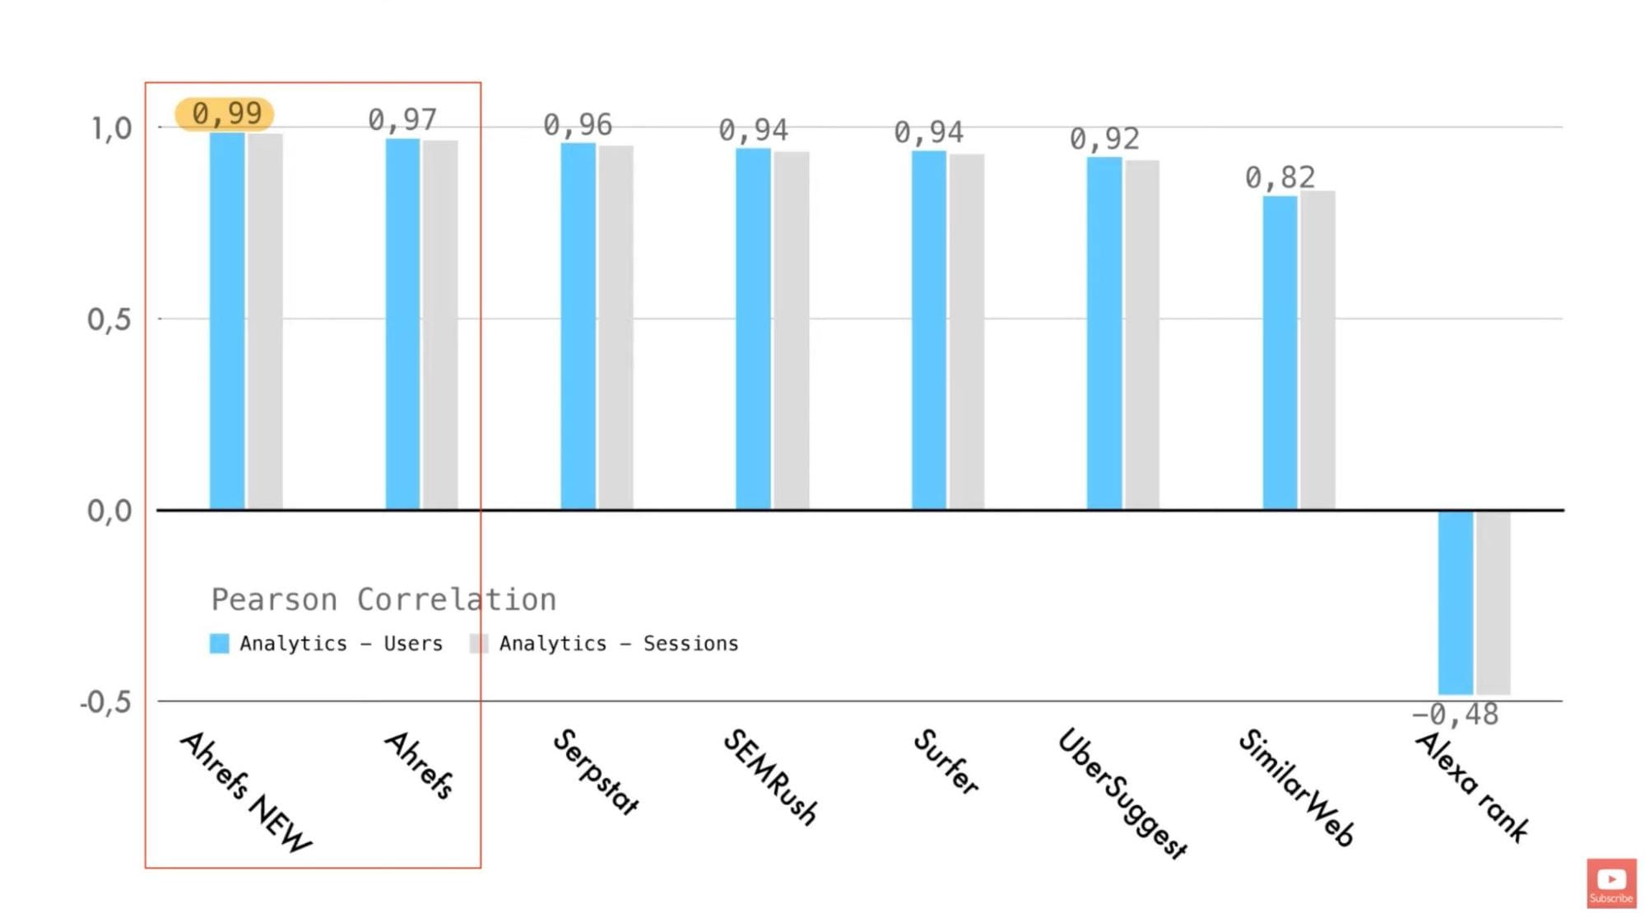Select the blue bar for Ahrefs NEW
pos(227,321)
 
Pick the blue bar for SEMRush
pos(753,329)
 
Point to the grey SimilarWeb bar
pos(1317,350)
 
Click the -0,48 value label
pos(1456,715)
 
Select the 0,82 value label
pos(1280,177)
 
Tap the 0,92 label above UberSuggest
pos(1104,138)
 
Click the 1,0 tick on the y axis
pos(111,128)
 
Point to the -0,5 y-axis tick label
pos(105,702)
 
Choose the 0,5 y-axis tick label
pos(109,319)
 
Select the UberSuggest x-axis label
pos(1122,793)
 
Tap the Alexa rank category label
pos(1471,786)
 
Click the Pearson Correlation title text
pos(383,599)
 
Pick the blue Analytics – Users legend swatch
pos(219,644)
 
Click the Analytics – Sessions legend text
pos(618,644)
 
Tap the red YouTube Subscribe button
pos(1610,883)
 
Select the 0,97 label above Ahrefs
pos(402,120)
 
